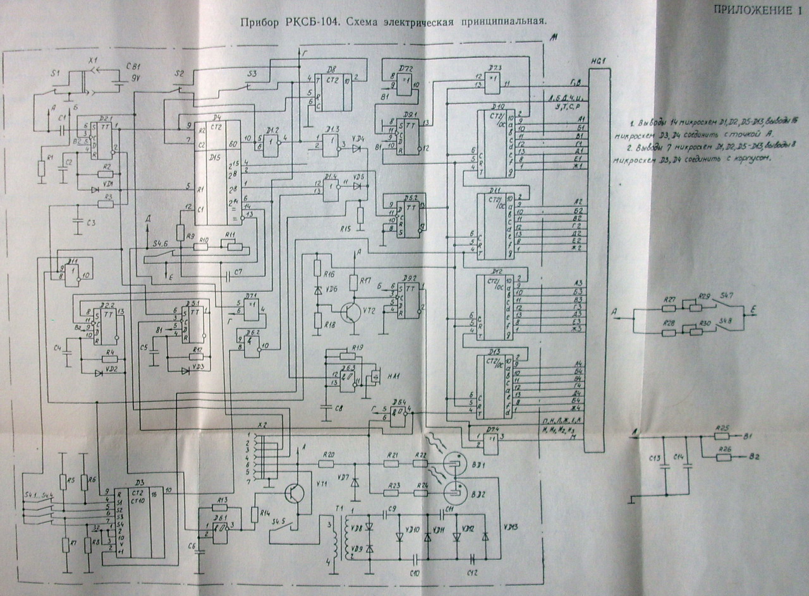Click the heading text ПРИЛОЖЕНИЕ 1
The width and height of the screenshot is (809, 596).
[x=756, y=9]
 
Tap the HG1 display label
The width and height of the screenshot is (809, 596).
[x=596, y=61]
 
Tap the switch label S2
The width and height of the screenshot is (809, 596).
[x=179, y=74]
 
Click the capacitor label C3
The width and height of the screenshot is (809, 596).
[x=90, y=223]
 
